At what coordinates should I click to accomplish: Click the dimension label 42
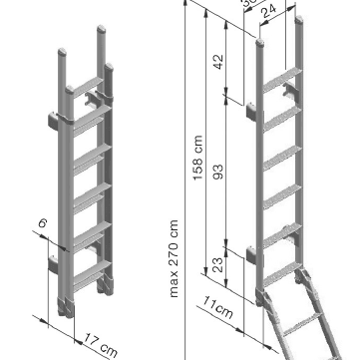coord(219,60)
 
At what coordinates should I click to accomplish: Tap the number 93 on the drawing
coord(219,173)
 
